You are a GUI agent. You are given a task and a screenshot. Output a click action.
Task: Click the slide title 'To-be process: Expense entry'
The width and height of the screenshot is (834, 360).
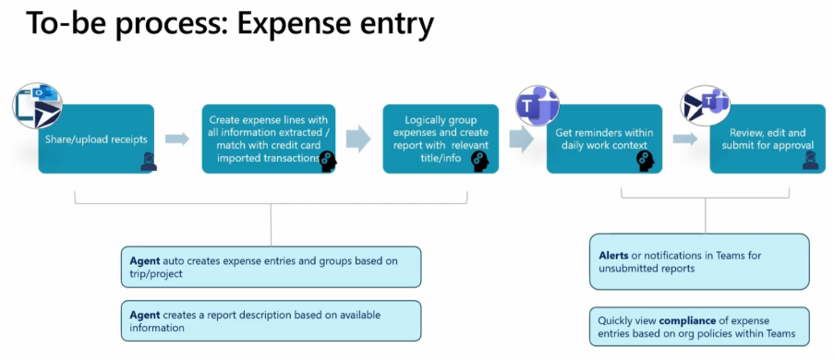coord(230,25)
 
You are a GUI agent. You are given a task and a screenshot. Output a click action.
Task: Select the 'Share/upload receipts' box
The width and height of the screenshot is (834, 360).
coord(96,138)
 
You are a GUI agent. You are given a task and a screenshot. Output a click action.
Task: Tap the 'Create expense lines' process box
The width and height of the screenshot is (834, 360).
coord(269,138)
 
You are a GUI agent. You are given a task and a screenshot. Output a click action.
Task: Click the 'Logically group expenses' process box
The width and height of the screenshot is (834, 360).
coord(441,138)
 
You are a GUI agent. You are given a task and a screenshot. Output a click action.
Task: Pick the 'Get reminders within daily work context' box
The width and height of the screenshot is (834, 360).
coord(604,138)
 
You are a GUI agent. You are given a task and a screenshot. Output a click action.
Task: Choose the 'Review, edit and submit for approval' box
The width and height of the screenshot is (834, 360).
coord(768,138)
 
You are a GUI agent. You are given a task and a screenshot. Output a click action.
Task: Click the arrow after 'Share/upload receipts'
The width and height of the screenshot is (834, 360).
coord(177,138)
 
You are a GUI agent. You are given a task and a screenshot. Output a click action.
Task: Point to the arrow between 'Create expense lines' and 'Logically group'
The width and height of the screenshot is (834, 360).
coord(358,138)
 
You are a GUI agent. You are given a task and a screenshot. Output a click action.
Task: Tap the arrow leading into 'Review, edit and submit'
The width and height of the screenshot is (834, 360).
coord(685,138)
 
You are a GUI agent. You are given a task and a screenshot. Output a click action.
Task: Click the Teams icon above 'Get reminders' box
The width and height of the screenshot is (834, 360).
coord(538,105)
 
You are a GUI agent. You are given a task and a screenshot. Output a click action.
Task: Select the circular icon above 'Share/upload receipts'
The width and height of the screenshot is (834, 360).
coord(38,105)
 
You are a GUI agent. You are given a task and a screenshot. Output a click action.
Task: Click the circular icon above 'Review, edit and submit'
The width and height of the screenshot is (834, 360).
coord(706,105)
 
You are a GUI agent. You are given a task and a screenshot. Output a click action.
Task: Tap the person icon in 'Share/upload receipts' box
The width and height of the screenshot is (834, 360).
coord(149,162)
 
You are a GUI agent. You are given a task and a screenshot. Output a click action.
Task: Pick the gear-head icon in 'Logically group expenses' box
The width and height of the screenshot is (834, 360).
coord(480,162)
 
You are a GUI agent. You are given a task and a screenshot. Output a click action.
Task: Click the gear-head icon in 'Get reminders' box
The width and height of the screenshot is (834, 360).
coord(645,162)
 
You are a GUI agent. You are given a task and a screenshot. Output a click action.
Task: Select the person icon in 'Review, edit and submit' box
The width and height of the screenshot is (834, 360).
coord(810,160)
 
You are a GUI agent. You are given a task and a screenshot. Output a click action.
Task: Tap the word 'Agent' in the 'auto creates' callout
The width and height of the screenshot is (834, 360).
coord(145,261)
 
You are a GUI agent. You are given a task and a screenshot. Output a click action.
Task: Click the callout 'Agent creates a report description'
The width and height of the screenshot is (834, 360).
coord(271,320)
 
